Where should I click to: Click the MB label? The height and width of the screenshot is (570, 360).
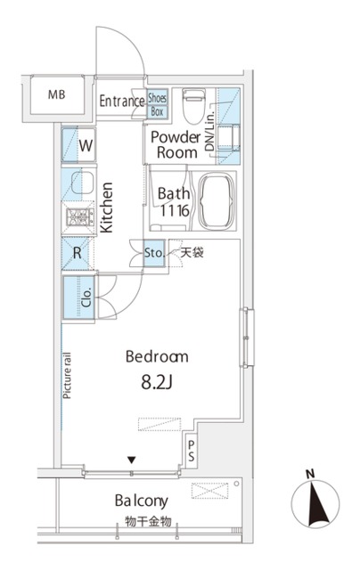pyautogui.click(x=56, y=94)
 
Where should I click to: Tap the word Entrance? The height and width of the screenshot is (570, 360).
pyautogui.click(x=122, y=101)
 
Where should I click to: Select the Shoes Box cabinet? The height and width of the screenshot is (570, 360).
pyautogui.click(x=158, y=104)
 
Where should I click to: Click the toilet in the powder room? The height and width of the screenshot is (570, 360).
pyautogui.click(x=194, y=106)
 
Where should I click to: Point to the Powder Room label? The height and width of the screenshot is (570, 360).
pyautogui.click(x=176, y=144)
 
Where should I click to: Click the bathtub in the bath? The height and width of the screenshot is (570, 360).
pyautogui.click(x=216, y=200)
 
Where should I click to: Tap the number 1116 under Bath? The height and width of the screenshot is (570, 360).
pyautogui.click(x=175, y=210)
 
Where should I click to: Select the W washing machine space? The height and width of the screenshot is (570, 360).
pyautogui.click(x=78, y=145)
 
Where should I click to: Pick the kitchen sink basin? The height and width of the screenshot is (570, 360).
pyautogui.click(x=82, y=183)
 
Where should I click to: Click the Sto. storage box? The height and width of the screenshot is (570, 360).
pyautogui.click(x=154, y=253)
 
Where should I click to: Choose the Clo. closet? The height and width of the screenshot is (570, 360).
pyautogui.click(x=79, y=297)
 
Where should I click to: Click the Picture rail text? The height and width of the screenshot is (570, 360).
pyautogui.click(x=67, y=376)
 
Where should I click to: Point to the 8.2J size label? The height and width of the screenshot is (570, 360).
pyautogui.click(x=156, y=382)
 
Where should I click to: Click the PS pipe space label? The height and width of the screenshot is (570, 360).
pyautogui.click(x=192, y=451)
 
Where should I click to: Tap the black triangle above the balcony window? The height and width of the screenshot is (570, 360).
pyautogui.click(x=131, y=460)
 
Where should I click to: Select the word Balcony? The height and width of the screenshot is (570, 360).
pyautogui.click(x=142, y=501)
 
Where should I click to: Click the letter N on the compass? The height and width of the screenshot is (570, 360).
pyautogui.click(x=310, y=474)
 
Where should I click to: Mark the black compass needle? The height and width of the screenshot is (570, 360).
pyautogui.click(x=315, y=503)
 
